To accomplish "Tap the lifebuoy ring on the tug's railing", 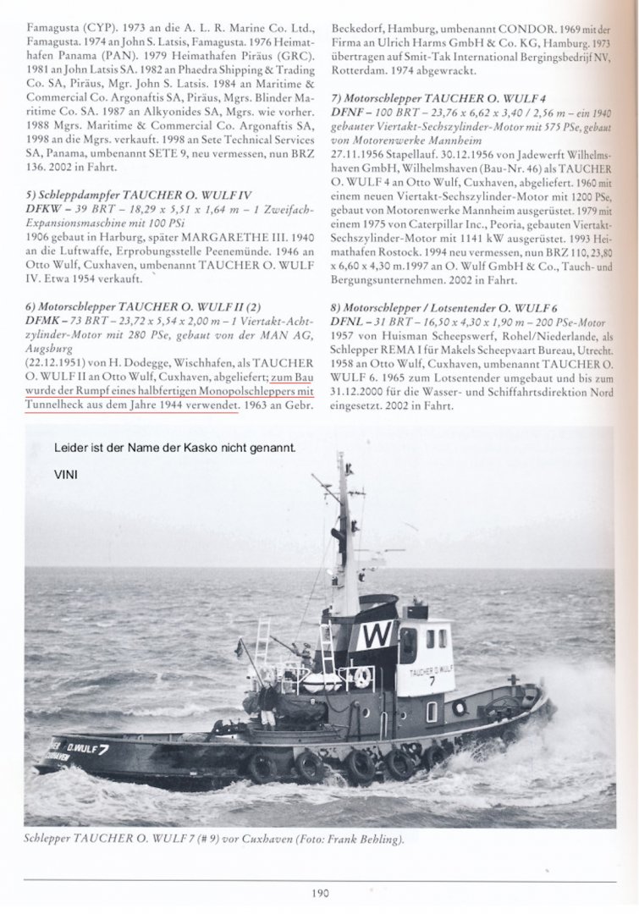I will click(361, 677).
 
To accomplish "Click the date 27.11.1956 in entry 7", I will click(361, 141).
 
